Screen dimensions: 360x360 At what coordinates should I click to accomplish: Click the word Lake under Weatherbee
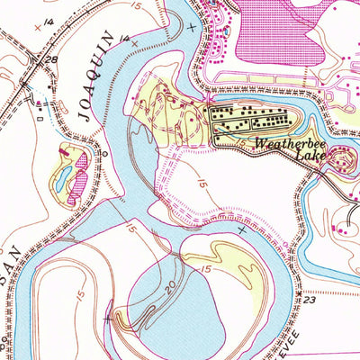(x=314, y=155)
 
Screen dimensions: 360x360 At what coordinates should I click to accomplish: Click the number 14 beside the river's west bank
(x=124, y=39)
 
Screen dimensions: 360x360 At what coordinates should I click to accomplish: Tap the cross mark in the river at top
(x=191, y=28)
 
